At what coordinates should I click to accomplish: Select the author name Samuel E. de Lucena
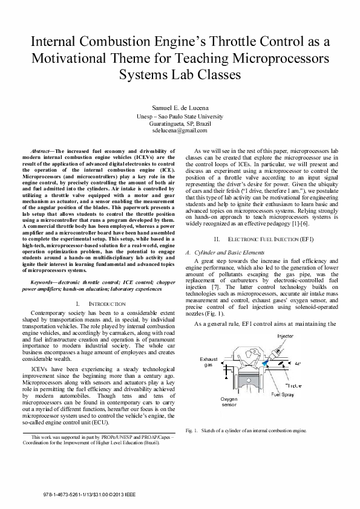pyautogui.click(x=180, y=107)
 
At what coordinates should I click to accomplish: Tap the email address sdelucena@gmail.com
pyautogui.click(x=180, y=130)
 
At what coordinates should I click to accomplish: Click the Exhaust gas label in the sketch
pyautogui.click(x=209, y=362)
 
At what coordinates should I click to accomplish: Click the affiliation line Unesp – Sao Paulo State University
pyautogui.click(x=180, y=115)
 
